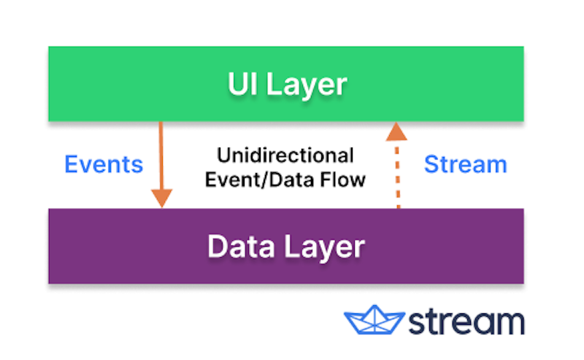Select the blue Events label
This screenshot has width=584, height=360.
[x=104, y=164]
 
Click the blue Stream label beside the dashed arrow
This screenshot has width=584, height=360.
[x=465, y=164]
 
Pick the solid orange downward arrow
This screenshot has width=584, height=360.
[x=161, y=161]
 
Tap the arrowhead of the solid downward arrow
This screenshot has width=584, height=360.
[x=161, y=197]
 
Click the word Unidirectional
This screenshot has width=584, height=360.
[x=285, y=156]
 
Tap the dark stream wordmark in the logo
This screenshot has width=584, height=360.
[x=465, y=321]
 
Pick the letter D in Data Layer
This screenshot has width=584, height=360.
[x=217, y=247]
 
